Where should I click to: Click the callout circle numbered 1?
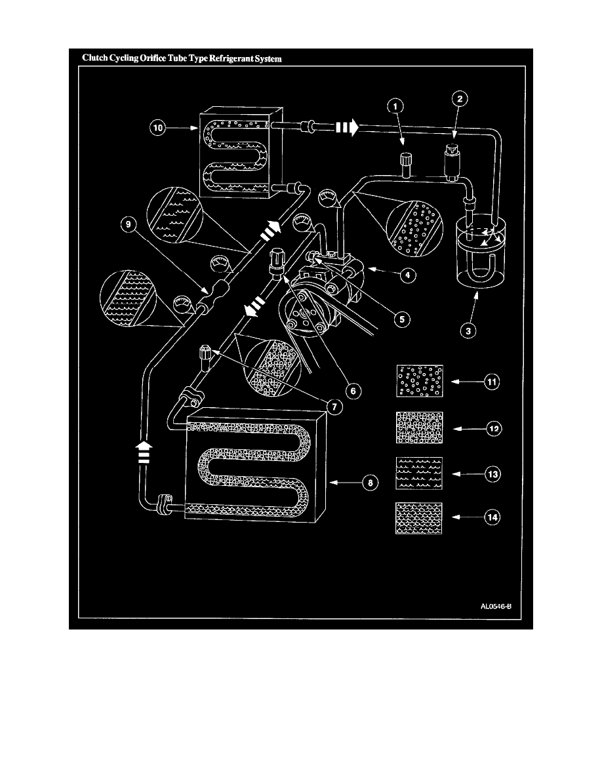click(x=395, y=106)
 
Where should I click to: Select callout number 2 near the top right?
click(x=460, y=99)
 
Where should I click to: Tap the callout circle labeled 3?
click(x=468, y=330)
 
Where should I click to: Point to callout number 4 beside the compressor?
click(x=408, y=275)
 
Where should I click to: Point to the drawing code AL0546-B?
click(x=496, y=606)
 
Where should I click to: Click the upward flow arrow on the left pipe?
click(x=144, y=452)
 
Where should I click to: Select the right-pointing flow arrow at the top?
click(x=347, y=128)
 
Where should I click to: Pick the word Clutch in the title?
click(x=95, y=58)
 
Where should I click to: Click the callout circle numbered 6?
click(x=353, y=391)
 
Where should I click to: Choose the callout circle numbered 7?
click(x=334, y=407)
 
